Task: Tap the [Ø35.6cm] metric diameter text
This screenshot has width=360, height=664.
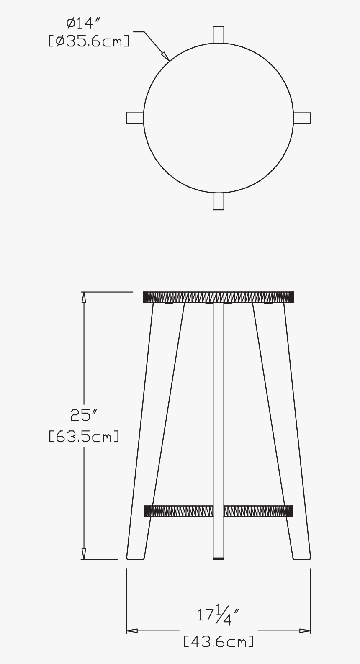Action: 88,41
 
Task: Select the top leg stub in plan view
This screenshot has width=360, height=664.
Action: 219,34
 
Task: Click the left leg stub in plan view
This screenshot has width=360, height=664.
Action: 135,118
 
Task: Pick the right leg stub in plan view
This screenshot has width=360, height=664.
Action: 302,118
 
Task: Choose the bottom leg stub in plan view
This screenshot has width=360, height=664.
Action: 219,201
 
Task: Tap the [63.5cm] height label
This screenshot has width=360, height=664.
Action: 84,436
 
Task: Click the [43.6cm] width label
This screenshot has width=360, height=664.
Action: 219,641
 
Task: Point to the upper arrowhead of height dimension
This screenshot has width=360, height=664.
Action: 84,297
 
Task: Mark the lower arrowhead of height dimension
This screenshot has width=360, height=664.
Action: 84,554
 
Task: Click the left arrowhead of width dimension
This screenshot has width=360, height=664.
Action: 132,631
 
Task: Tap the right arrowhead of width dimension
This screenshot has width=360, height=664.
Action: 305,631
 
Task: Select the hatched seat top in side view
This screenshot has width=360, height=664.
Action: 219,297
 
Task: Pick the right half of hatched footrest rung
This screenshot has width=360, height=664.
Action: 258,511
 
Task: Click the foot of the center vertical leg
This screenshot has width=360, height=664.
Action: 219,557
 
